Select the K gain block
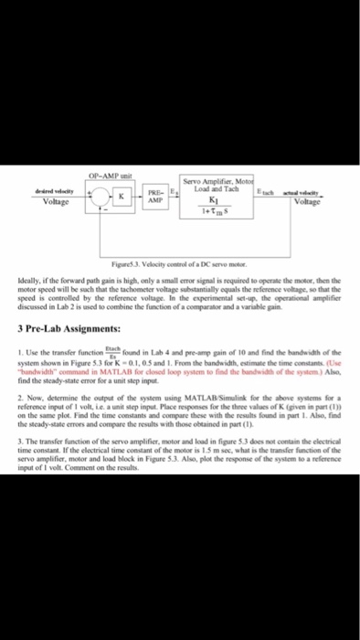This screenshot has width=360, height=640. point(120,197)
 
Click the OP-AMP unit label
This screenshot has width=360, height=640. point(108,175)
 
